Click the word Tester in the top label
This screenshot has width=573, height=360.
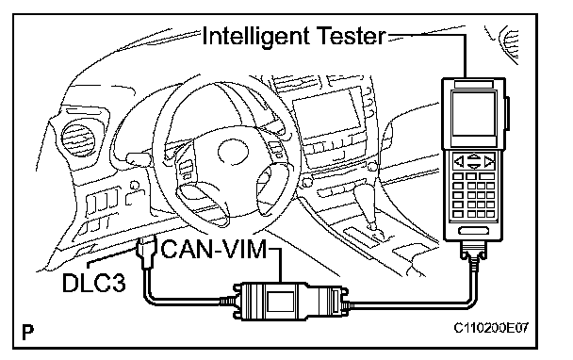tap(350, 36)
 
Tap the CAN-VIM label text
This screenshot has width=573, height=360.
tap(214, 250)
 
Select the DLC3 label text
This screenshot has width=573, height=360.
tap(94, 283)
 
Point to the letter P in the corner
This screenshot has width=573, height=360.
tap(27, 332)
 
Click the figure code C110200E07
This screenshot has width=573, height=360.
tap(491, 328)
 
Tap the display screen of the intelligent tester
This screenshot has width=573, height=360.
tap(474, 114)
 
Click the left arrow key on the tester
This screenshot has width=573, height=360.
tap(459, 161)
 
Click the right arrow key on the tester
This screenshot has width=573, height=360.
tap(489, 161)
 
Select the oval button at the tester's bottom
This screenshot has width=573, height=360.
tap(474, 231)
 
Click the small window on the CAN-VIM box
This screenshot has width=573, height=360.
tap(280, 302)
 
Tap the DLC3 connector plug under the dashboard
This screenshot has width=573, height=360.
tap(145, 253)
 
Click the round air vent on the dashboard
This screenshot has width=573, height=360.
tap(78, 140)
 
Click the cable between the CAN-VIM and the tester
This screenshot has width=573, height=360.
tap(413, 304)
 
